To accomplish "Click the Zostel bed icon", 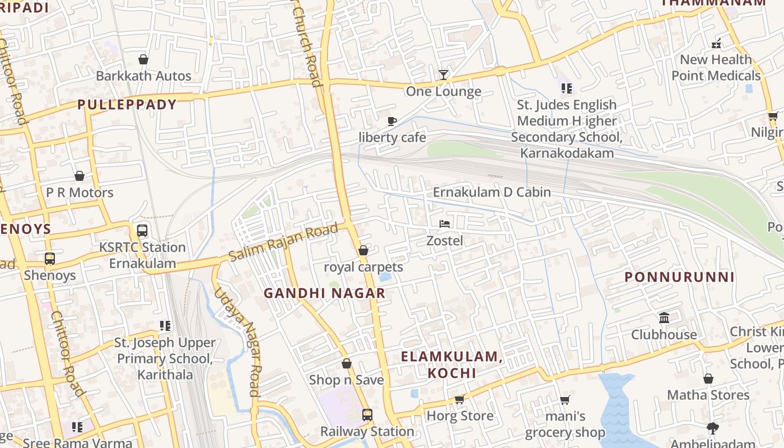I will (x=444, y=224).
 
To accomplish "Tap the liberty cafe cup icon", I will (x=392, y=121).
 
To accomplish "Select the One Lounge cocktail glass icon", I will (x=444, y=74).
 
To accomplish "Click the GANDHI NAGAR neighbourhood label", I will (x=324, y=293).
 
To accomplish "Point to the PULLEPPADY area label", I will (x=127, y=104).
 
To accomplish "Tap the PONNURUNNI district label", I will (x=679, y=277).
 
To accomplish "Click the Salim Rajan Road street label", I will (x=284, y=242).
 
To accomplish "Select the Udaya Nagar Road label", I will (x=245, y=342).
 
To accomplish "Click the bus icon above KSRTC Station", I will (x=142, y=231).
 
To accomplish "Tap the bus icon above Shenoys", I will (x=50, y=259).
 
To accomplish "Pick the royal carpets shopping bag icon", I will (x=363, y=250).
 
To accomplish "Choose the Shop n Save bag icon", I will (x=347, y=363).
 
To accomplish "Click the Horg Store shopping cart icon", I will (x=460, y=399).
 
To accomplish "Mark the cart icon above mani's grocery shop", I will (x=565, y=400).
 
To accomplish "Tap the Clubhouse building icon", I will (x=664, y=318).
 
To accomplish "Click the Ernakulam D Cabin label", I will (x=492, y=192).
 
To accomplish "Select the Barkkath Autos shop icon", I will (x=143, y=59).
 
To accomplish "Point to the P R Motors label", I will (x=80, y=193).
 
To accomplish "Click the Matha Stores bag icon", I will (x=708, y=379).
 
